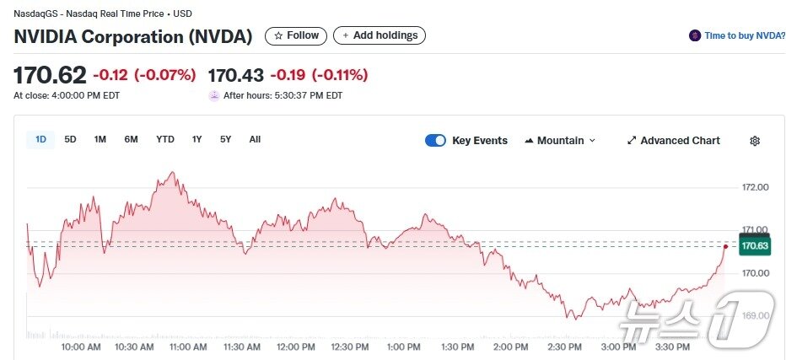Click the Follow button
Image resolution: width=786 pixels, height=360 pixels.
pos(296,35)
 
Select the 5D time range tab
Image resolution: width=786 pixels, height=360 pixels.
pos(70,140)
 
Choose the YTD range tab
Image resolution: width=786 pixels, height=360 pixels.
pos(165,140)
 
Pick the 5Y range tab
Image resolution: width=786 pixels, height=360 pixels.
pos(225,140)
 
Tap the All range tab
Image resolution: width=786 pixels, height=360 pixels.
pos(255,140)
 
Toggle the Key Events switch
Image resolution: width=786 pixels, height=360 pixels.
pos(435,141)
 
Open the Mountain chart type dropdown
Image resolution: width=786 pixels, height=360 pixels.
pos(560,141)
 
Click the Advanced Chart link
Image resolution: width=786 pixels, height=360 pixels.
pos(673,141)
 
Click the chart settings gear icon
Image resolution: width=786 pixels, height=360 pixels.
pos(755,141)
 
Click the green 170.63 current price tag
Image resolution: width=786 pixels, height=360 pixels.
pos(754,246)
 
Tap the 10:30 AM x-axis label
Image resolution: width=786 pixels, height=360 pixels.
pos(134,347)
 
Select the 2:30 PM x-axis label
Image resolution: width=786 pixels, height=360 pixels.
pos(564,347)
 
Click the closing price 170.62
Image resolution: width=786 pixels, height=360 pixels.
pos(50,76)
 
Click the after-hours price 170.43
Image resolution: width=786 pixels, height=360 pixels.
pos(235,76)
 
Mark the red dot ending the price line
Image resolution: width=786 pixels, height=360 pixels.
pos(725,246)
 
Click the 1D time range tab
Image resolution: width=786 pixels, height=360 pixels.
pos(40,140)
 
